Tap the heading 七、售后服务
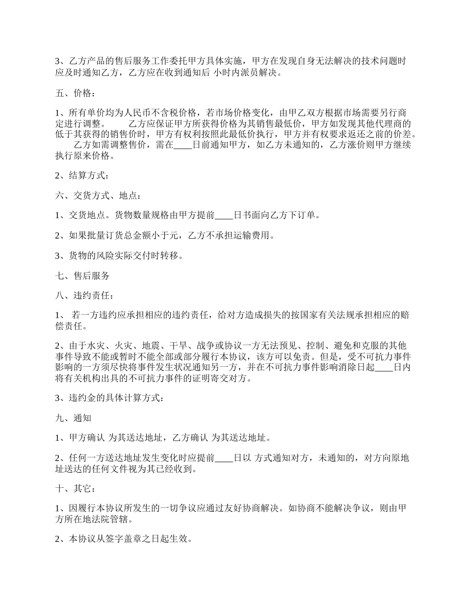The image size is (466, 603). [x=82, y=276]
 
